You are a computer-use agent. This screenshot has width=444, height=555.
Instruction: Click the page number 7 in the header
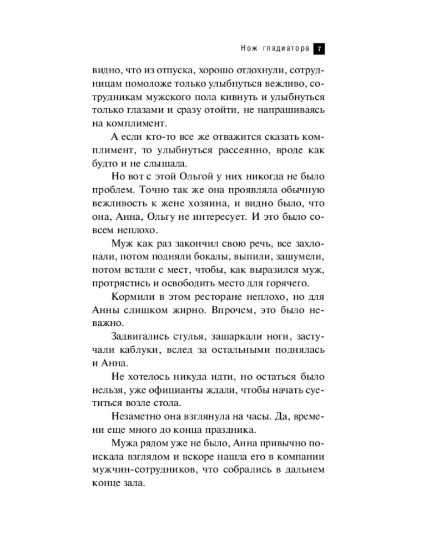tap(319, 49)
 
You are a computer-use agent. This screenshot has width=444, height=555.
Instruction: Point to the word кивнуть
tap(223, 97)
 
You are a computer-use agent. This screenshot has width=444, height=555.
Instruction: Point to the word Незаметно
tap(136, 416)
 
